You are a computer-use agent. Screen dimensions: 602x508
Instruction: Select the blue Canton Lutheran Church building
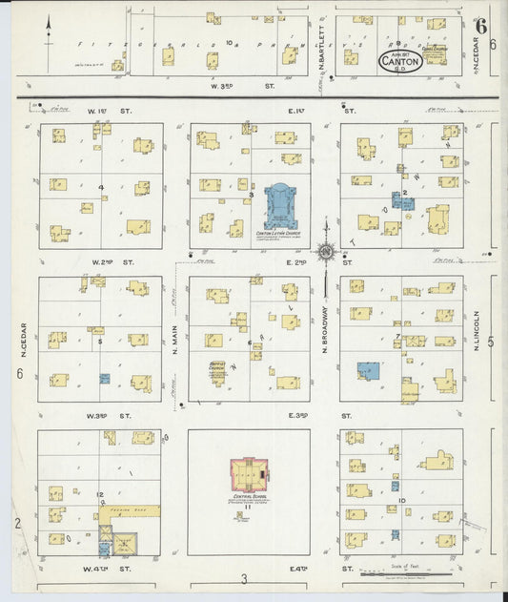(x=281, y=205)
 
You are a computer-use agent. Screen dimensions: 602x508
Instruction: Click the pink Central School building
(x=249, y=472)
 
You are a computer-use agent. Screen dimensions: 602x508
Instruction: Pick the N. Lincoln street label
(x=475, y=334)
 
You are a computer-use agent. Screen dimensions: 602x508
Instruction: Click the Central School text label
(x=249, y=496)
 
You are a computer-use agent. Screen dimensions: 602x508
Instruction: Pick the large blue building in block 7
(x=367, y=371)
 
